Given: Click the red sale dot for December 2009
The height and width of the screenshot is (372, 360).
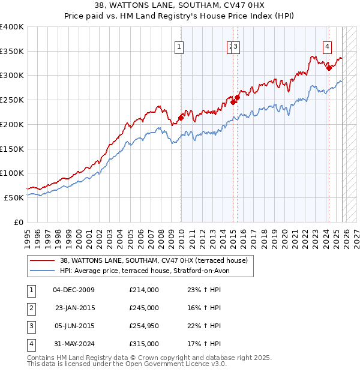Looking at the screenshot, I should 181,118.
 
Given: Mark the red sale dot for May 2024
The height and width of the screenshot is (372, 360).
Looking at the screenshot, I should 329,68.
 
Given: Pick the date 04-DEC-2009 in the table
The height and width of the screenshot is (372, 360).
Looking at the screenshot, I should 74,290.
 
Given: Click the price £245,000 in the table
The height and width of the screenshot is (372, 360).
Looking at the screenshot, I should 143,307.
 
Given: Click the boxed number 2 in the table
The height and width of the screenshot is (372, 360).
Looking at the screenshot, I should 31,307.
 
